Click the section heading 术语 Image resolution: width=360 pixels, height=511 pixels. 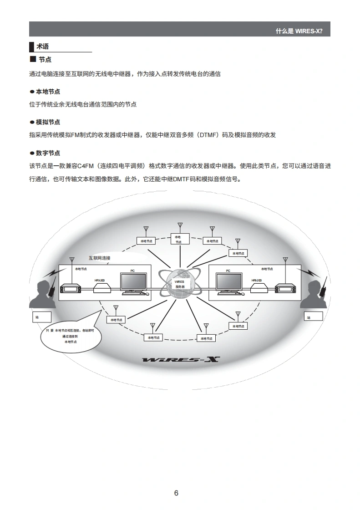[x=42, y=46]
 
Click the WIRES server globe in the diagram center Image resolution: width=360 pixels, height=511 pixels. [x=180, y=284]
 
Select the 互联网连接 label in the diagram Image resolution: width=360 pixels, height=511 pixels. [x=99, y=258]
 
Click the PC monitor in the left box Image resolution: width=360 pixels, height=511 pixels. [x=133, y=283]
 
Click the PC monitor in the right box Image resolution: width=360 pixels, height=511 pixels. [x=228, y=283]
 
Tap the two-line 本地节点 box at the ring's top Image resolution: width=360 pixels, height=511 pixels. [x=178, y=239]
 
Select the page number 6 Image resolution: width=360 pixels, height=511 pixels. [x=176, y=493]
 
